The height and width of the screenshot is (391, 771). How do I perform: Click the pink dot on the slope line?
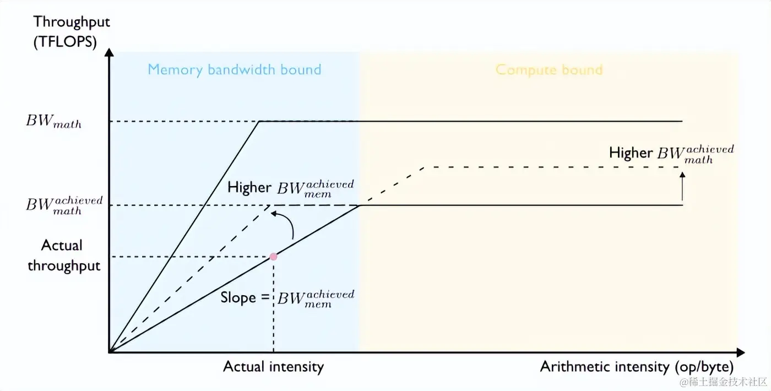(x=273, y=257)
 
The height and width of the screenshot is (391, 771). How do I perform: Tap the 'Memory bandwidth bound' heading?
(x=234, y=70)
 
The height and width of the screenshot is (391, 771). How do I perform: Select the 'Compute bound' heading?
(x=549, y=70)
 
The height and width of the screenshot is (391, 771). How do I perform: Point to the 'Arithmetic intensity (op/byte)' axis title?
(x=637, y=367)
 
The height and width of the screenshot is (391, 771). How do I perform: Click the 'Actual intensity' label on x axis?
(x=273, y=367)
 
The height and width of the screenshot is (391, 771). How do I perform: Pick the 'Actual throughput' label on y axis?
(x=63, y=256)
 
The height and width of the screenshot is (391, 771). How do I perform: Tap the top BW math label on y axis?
(x=53, y=122)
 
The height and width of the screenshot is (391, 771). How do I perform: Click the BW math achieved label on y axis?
(x=64, y=205)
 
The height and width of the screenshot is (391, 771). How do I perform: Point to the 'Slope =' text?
(x=245, y=297)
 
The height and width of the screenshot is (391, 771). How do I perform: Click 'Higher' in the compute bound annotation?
(x=631, y=153)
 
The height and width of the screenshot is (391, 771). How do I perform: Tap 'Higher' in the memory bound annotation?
(x=249, y=187)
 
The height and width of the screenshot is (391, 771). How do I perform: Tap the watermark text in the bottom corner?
(x=723, y=382)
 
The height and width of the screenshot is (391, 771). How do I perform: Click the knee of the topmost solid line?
(x=259, y=121)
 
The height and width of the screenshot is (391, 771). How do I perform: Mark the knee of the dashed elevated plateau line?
(x=423, y=166)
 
